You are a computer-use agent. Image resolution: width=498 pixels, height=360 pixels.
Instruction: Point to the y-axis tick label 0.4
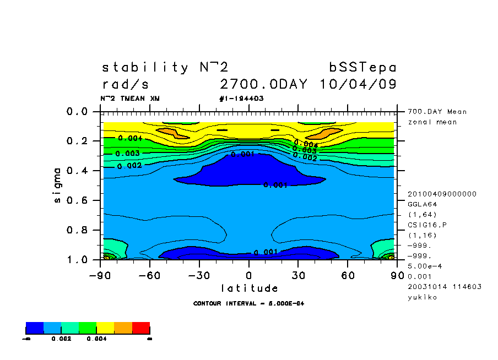tap(77, 171)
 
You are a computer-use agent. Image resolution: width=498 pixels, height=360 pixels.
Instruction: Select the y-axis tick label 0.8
tap(77, 230)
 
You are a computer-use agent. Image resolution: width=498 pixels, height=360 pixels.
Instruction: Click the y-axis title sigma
tap(58, 185)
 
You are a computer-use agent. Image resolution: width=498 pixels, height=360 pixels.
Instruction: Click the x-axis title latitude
tap(249, 288)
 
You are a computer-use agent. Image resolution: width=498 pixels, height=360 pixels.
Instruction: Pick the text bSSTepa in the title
tap(362, 68)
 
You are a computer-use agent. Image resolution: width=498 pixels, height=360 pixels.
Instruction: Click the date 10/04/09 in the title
tap(358, 85)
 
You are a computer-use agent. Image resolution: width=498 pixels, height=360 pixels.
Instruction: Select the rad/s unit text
tap(126, 85)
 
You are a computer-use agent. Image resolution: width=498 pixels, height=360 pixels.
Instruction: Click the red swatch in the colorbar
tap(141, 329)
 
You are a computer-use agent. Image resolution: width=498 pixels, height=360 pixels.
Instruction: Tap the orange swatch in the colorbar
tap(123, 329)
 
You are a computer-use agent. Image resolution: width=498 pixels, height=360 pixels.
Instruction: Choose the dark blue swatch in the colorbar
tap(35, 329)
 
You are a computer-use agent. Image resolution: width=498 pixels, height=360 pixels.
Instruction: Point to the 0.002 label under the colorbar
tap(61, 339)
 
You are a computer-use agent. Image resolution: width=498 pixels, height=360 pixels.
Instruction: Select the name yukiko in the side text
tap(422, 297)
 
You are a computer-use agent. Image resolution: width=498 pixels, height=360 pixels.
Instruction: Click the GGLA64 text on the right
tap(422, 204)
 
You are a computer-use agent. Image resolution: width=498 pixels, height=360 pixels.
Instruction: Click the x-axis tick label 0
tap(249, 275)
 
